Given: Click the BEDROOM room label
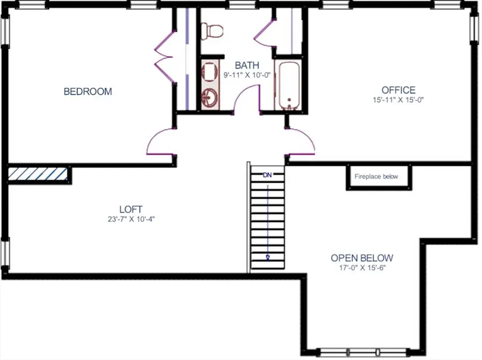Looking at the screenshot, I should tap(88, 92).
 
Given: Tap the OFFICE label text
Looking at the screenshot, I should tap(398, 90).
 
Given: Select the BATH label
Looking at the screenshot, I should tap(247, 66).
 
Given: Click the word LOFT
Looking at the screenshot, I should tap(131, 209).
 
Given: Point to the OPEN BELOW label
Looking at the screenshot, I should tap(362, 258).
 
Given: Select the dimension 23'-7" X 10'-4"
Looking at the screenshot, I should tap(131, 219).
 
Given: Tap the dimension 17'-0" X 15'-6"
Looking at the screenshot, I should tap(362, 268).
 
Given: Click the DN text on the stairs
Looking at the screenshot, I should tap(268, 175).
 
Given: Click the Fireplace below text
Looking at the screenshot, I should tap(376, 177).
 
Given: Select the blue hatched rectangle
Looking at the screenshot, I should tap(37, 174).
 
